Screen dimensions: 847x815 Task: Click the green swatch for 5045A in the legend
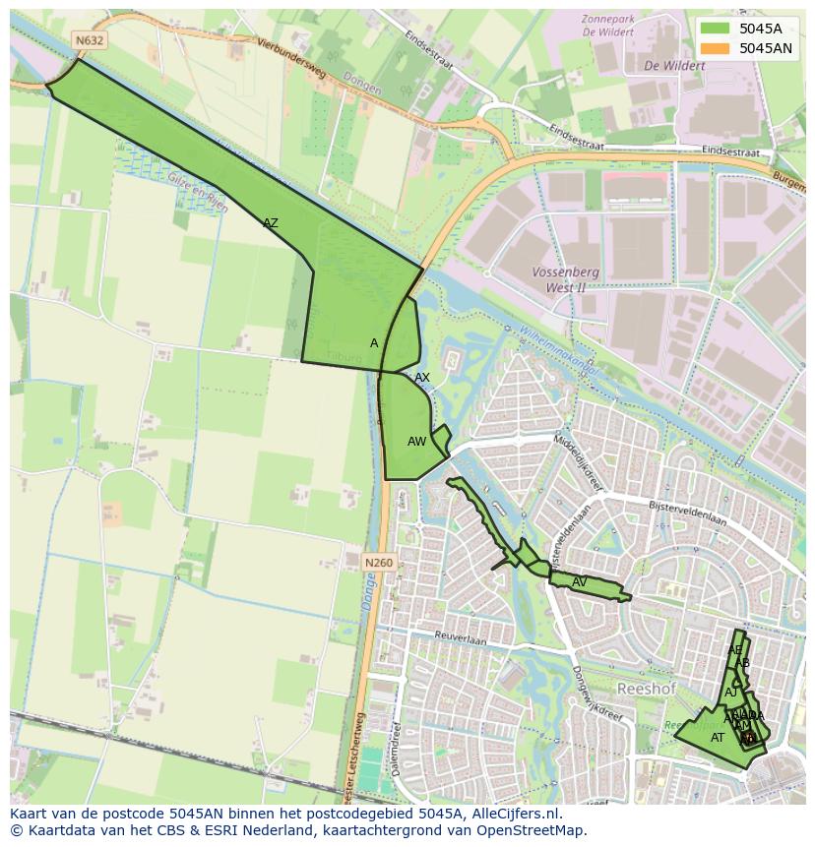click(x=716, y=29)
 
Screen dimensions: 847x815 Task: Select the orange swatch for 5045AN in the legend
click(x=716, y=48)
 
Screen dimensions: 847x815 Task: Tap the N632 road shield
click(x=90, y=40)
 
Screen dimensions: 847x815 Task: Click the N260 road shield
click(x=378, y=563)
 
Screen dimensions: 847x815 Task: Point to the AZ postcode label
click(x=270, y=223)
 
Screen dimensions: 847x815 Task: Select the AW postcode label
click(x=416, y=442)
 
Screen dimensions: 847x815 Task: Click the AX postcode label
click(x=422, y=378)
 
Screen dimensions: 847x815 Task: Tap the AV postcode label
click(x=580, y=582)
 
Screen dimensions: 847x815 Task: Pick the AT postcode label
click(x=718, y=737)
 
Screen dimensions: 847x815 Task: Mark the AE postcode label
click(x=734, y=650)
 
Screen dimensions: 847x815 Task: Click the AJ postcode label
click(x=731, y=693)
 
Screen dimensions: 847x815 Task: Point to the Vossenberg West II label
click(x=558, y=279)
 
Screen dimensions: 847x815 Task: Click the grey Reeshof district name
click(x=647, y=689)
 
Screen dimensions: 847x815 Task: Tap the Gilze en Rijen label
click(x=198, y=203)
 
